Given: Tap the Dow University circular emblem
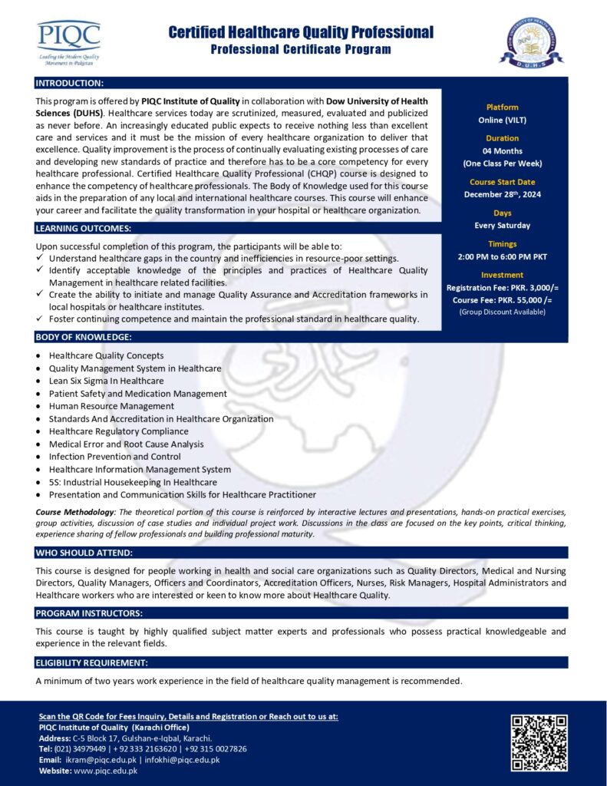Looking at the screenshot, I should (531, 43).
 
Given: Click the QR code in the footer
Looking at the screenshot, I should (539, 742).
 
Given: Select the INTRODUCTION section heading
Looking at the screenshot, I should (70, 82).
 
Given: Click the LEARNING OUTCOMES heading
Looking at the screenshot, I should (84, 228).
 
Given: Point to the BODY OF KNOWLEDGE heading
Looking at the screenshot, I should (84, 337).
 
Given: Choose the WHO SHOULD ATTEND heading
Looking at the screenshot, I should (84, 553).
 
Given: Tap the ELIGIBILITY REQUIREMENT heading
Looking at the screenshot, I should (92, 662).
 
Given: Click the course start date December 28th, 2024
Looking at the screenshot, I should (503, 194).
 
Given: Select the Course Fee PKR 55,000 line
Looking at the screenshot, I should (503, 300).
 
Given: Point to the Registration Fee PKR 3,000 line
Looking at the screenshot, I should (503, 287).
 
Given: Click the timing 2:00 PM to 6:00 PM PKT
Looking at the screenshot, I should (503, 256).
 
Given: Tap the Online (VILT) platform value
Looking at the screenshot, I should (503, 120).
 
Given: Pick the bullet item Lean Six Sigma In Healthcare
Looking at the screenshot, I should (106, 381).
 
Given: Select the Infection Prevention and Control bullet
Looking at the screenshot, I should (115, 456).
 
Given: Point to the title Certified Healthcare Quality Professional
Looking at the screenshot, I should (301, 32).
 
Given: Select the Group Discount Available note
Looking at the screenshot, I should (503, 312).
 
